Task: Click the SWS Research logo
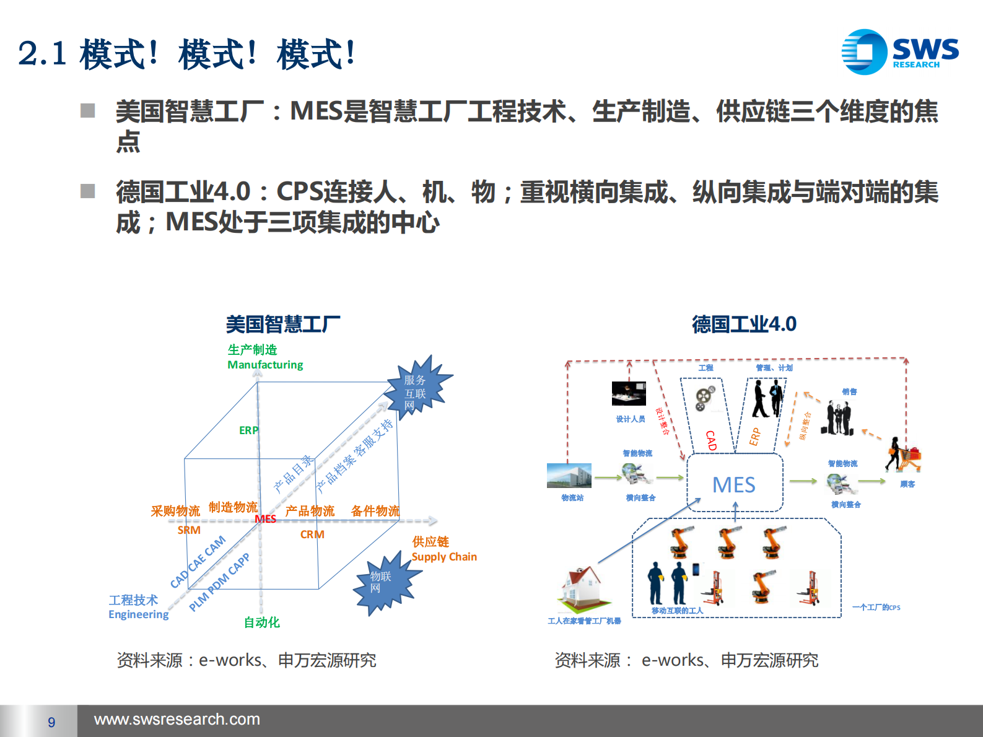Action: pos(899,52)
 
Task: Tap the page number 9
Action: pos(51,722)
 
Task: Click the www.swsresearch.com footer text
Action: pos(177,720)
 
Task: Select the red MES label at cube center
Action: pos(265,519)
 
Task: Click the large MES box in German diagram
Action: pos(735,484)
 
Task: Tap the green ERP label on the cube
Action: pos(248,430)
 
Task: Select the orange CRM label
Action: pos(312,534)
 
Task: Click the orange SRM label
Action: pos(189,530)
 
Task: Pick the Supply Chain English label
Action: pos(444,557)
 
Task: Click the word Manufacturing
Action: pos(265,365)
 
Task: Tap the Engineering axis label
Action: pos(138,614)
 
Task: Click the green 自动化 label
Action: pos(261,622)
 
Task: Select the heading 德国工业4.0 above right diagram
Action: pos(744,324)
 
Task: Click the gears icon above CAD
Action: pos(704,398)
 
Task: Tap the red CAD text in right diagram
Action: pos(711,440)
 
